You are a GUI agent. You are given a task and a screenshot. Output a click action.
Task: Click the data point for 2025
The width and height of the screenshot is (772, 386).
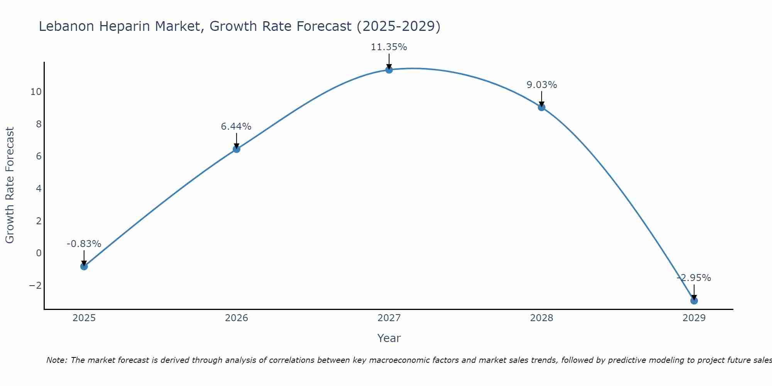coord(84,266)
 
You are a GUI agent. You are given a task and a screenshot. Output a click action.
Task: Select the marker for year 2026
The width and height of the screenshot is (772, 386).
coord(237,149)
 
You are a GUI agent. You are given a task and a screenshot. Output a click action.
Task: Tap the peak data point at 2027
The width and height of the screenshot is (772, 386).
coord(389,70)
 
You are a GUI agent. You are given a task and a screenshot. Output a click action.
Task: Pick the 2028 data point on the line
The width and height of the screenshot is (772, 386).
coord(542,107)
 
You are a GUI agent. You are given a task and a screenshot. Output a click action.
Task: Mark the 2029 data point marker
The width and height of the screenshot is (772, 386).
coord(694,301)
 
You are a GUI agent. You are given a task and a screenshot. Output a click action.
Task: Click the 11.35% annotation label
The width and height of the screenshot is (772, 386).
coord(389,47)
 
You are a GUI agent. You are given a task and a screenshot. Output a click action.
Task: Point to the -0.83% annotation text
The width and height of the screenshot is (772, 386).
coord(84,244)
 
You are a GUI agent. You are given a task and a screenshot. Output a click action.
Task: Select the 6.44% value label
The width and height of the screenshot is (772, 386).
coord(236,127)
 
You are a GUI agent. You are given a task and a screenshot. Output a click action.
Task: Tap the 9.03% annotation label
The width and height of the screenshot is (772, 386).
coord(542,85)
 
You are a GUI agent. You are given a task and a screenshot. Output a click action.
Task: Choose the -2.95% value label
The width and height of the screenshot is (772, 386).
coord(694,278)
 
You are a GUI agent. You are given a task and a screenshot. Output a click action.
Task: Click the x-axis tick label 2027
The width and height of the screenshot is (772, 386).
coord(389,318)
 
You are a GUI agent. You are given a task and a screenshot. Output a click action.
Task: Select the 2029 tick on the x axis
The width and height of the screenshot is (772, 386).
coord(694,318)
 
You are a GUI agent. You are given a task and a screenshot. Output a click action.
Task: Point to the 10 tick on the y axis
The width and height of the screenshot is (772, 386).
coord(36,92)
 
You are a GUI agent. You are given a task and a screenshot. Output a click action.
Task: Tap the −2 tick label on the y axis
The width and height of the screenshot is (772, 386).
coord(35,286)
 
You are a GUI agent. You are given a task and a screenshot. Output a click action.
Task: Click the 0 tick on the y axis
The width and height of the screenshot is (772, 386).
coord(39,253)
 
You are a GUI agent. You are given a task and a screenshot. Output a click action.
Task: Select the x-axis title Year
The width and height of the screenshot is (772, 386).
coord(389,338)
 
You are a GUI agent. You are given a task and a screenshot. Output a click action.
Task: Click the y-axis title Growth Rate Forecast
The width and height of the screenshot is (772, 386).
coord(10,185)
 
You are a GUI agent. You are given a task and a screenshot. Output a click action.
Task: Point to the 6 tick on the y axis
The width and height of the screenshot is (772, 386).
coord(39,156)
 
